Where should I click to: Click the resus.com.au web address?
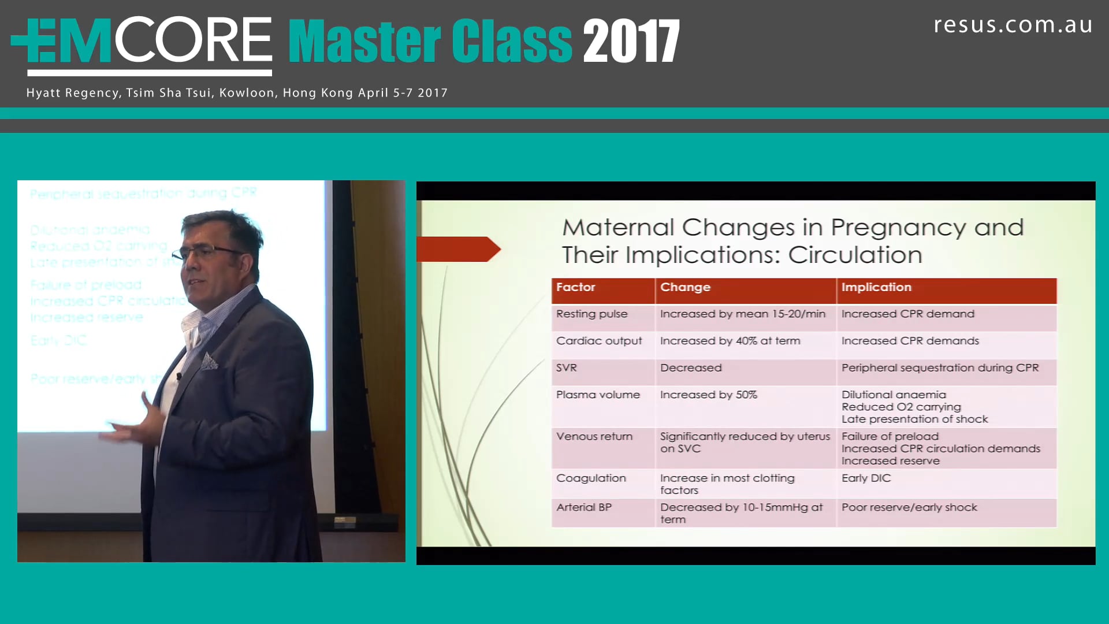click(1013, 25)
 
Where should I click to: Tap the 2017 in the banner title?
click(631, 42)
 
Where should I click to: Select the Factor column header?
click(575, 287)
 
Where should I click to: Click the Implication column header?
click(876, 287)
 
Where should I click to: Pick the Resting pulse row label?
click(591, 314)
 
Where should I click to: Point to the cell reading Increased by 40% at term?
click(730, 341)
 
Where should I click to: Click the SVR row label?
click(566, 367)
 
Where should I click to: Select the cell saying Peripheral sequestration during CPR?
click(939, 367)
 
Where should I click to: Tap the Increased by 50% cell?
click(708, 395)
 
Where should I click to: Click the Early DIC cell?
click(865, 478)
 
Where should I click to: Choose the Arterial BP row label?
click(583, 507)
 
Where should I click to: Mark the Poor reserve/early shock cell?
click(909, 507)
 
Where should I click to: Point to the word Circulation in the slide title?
click(854, 255)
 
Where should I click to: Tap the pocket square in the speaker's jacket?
click(209, 362)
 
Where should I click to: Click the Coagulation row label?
click(590, 478)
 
